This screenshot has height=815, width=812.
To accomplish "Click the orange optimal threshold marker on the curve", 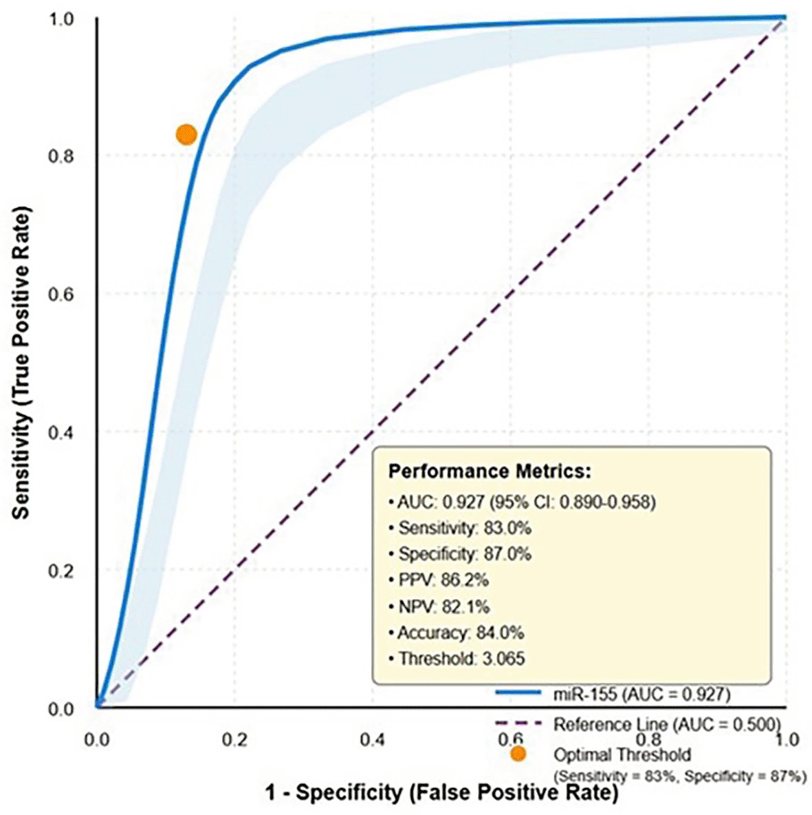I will coord(186,134).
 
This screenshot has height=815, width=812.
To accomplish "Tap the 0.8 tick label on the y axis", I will coord(61,156).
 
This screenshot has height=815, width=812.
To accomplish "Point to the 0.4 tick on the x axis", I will coord(372,739).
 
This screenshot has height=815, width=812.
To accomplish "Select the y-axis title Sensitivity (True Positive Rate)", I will coord(22,362).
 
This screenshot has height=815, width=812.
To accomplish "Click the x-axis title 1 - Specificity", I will coord(441,792).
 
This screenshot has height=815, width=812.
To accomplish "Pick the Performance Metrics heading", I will coord(490,472).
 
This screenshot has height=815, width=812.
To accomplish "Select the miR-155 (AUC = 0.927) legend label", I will coord(641,694).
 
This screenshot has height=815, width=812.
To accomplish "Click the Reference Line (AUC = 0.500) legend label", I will coord(667,724).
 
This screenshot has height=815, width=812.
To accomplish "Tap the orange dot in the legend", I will coord(518,754).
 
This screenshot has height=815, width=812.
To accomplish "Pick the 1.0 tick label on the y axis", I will coord(61,19).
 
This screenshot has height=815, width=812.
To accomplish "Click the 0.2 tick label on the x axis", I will coord(234,739).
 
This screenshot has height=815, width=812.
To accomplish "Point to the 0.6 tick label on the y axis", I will coord(61,295).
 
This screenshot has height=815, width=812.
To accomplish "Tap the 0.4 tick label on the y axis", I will coord(61,433).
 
